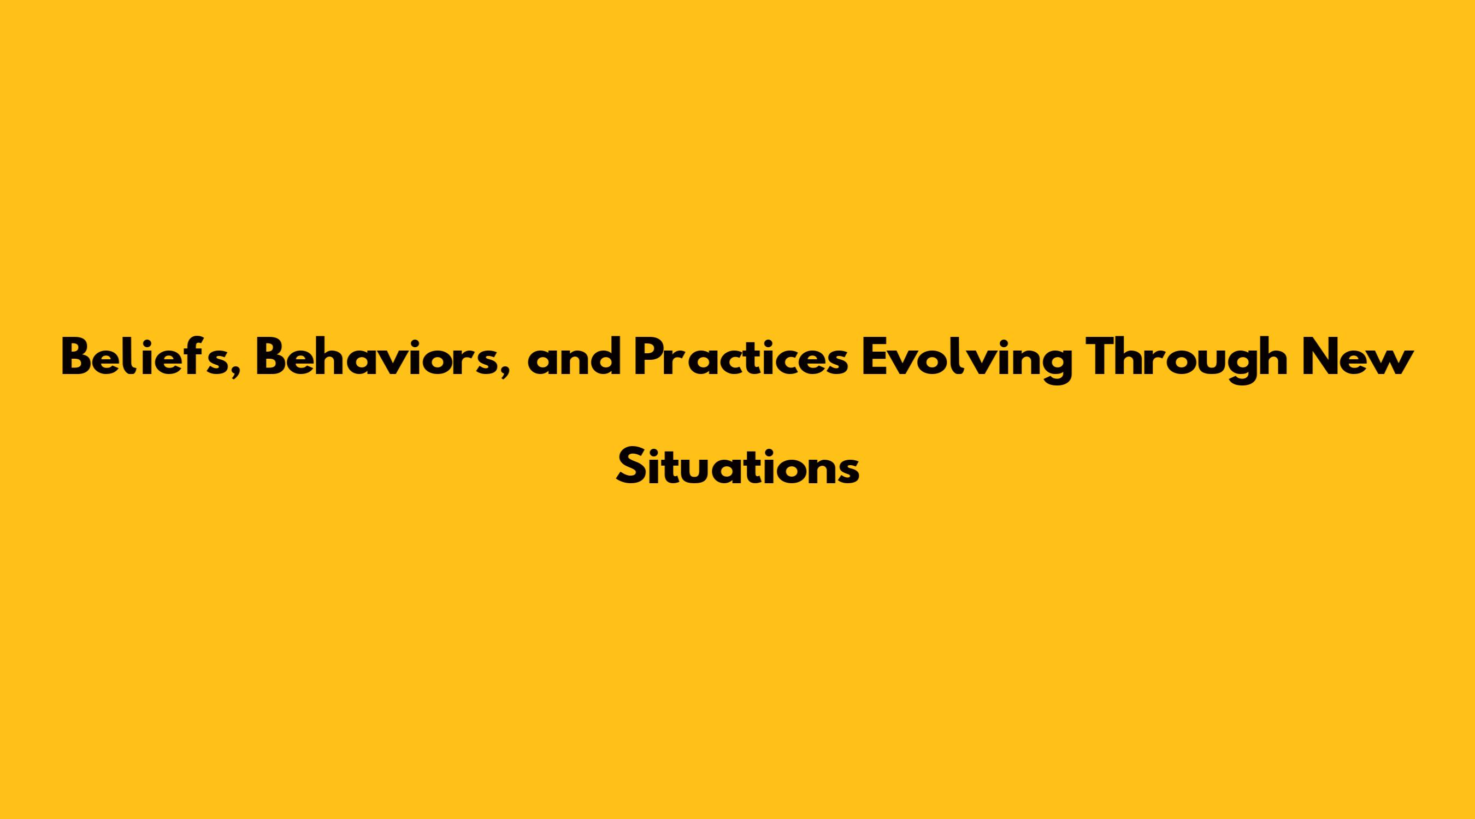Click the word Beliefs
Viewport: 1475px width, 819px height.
click(x=145, y=357)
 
